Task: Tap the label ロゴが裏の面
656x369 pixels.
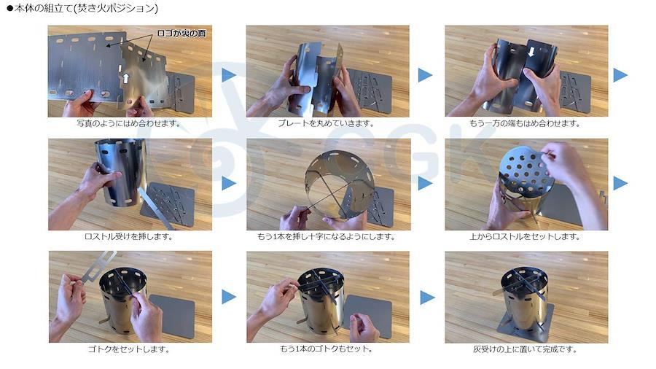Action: (x=181, y=34)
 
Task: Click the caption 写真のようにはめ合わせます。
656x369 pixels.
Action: (x=129, y=123)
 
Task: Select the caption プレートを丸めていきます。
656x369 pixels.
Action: (x=327, y=123)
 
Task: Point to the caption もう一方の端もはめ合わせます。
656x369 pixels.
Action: (x=525, y=123)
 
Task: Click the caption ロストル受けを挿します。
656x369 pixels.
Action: (x=128, y=236)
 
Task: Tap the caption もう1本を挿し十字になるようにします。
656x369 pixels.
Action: (x=327, y=236)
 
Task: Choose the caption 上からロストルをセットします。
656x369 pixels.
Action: (x=525, y=236)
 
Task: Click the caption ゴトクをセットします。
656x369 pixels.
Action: (x=129, y=349)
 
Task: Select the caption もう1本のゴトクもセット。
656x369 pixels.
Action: (x=327, y=349)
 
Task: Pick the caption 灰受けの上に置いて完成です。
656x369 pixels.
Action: (x=525, y=349)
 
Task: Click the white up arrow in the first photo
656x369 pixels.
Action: (x=125, y=78)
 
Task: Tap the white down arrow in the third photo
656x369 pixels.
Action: (x=531, y=52)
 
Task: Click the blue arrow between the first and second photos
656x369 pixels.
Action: (x=228, y=75)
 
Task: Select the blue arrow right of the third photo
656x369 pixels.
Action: (x=620, y=75)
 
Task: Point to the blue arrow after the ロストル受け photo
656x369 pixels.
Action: (x=228, y=183)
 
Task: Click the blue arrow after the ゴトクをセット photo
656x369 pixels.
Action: (x=228, y=297)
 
